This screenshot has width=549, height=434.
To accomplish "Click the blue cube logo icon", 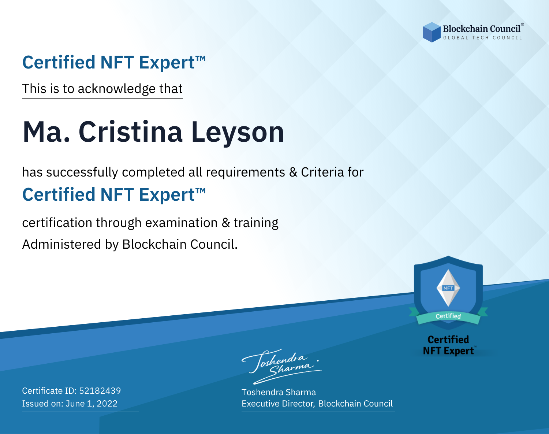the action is click(432, 32).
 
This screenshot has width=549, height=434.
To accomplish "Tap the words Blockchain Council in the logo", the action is click(482, 29).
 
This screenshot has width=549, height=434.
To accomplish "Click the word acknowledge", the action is click(117, 89).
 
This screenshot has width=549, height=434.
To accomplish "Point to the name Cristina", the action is click(130, 132).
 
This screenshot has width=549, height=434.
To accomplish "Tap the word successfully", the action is click(82, 173).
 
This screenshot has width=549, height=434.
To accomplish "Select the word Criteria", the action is click(322, 172).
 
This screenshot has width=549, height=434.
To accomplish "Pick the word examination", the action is click(181, 223).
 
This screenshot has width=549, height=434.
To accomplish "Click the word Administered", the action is click(61, 244).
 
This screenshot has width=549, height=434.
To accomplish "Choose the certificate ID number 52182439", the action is click(100, 390).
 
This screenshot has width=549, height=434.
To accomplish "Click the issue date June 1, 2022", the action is click(91, 404).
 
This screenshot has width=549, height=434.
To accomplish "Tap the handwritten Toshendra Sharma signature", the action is click(282, 366).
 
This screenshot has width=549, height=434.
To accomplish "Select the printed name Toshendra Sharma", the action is click(279, 392).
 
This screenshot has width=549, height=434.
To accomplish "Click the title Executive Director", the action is click(278, 404).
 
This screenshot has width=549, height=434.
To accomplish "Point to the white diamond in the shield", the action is click(448, 288).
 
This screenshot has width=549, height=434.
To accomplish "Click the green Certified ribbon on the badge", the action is click(448, 316).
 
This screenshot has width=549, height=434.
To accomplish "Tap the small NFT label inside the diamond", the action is click(448, 288).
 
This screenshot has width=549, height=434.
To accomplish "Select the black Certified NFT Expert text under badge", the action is click(448, 345).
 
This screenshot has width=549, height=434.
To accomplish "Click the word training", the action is click(256, 223).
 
